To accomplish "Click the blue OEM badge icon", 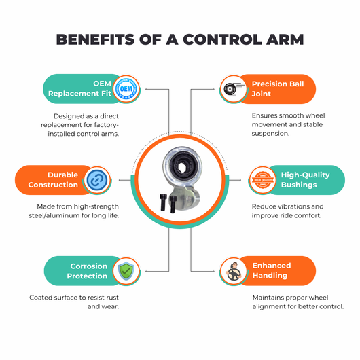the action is (126, 89).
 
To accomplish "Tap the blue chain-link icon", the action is (97, 180).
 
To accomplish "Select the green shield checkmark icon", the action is (126, 271).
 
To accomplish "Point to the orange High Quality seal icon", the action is (263, 180).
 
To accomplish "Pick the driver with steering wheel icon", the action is (234, 272).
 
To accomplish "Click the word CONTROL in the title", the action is (222, 39).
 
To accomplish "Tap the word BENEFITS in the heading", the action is (95, 39).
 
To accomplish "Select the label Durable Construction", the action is (53, 180).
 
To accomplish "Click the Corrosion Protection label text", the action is (87, 271).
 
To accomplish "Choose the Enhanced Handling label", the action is (272, 270).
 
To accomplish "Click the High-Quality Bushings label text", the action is (306, 180).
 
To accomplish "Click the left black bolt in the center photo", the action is (163, 202).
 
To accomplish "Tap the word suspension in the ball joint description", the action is (270, 134).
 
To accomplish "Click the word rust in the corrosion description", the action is (112, 298).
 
